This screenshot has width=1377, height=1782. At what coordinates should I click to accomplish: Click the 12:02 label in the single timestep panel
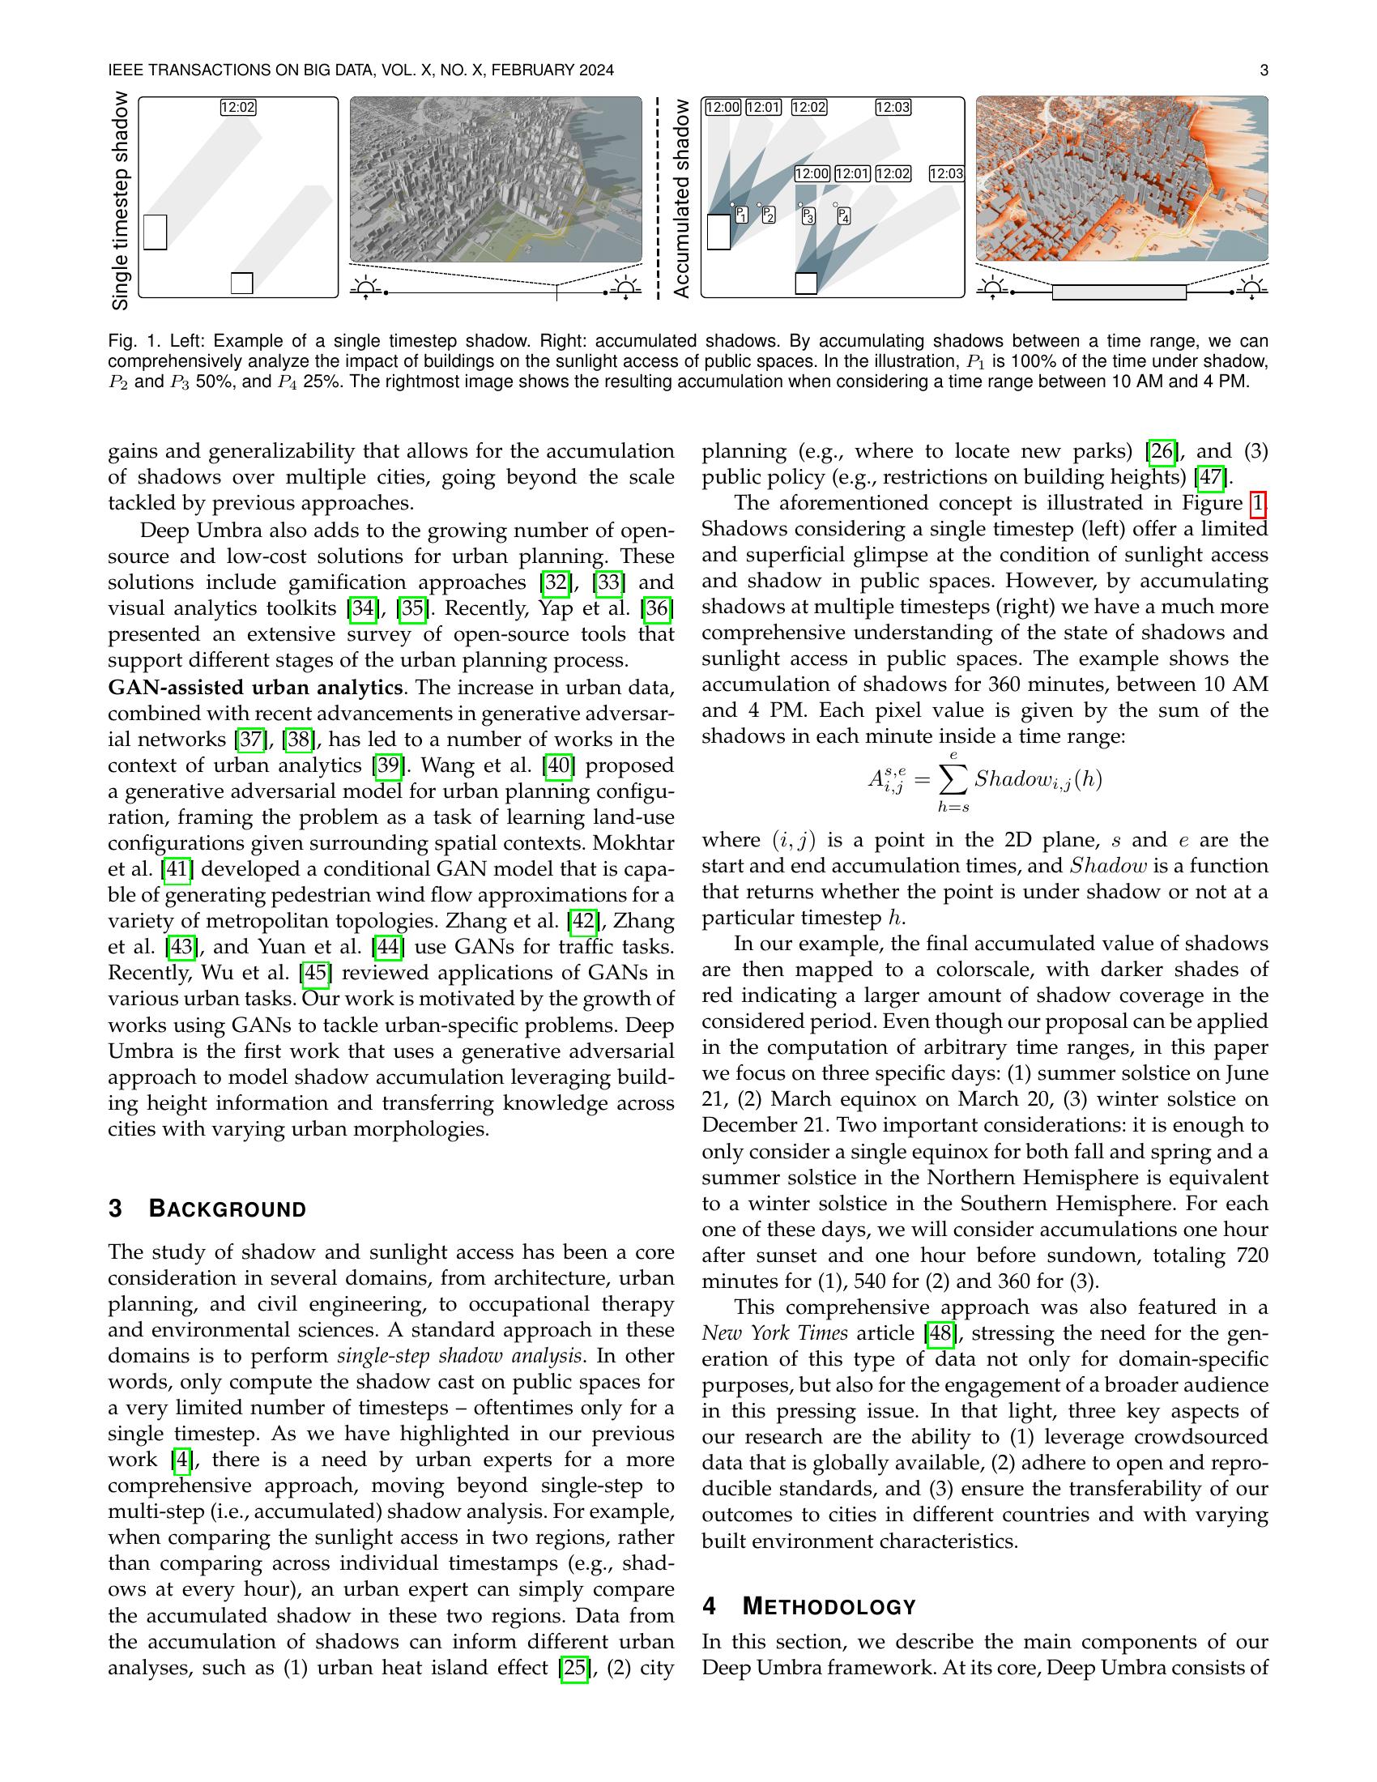[238, 107]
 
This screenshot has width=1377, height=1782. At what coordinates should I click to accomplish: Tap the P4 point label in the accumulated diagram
[844, 217]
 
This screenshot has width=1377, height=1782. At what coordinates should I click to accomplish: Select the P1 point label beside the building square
[741, 215]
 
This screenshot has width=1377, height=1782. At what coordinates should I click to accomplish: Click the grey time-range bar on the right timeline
[1119, 292]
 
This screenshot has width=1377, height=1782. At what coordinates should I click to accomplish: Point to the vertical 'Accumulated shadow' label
[681, 198]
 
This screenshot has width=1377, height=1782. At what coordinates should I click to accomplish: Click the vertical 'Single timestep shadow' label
[121, 201]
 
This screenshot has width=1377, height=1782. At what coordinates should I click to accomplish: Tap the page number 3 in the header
[1264, 71]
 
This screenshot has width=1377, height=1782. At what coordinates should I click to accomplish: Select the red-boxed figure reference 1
[1258, 504]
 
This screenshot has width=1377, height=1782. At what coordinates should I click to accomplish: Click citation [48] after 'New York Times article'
[940, 1333]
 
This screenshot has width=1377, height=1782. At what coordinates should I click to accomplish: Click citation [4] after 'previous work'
[181, 1460]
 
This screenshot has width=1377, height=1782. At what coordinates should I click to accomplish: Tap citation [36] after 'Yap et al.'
[658, 608]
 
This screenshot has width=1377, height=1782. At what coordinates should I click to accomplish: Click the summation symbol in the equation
[952, 780]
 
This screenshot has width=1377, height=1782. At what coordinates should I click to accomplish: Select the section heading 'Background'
[227, 1209]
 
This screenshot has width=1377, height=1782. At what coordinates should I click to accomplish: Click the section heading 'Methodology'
[829, 1607]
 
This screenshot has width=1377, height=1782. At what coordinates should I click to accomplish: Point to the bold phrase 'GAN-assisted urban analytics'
[255, 687]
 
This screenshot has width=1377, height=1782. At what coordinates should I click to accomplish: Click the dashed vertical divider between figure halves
[657, 198]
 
